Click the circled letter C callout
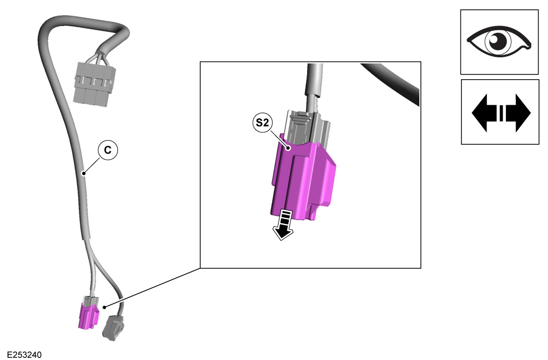(108, 150)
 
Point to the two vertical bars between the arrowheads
(501, 112)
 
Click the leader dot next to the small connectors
(105, 307)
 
